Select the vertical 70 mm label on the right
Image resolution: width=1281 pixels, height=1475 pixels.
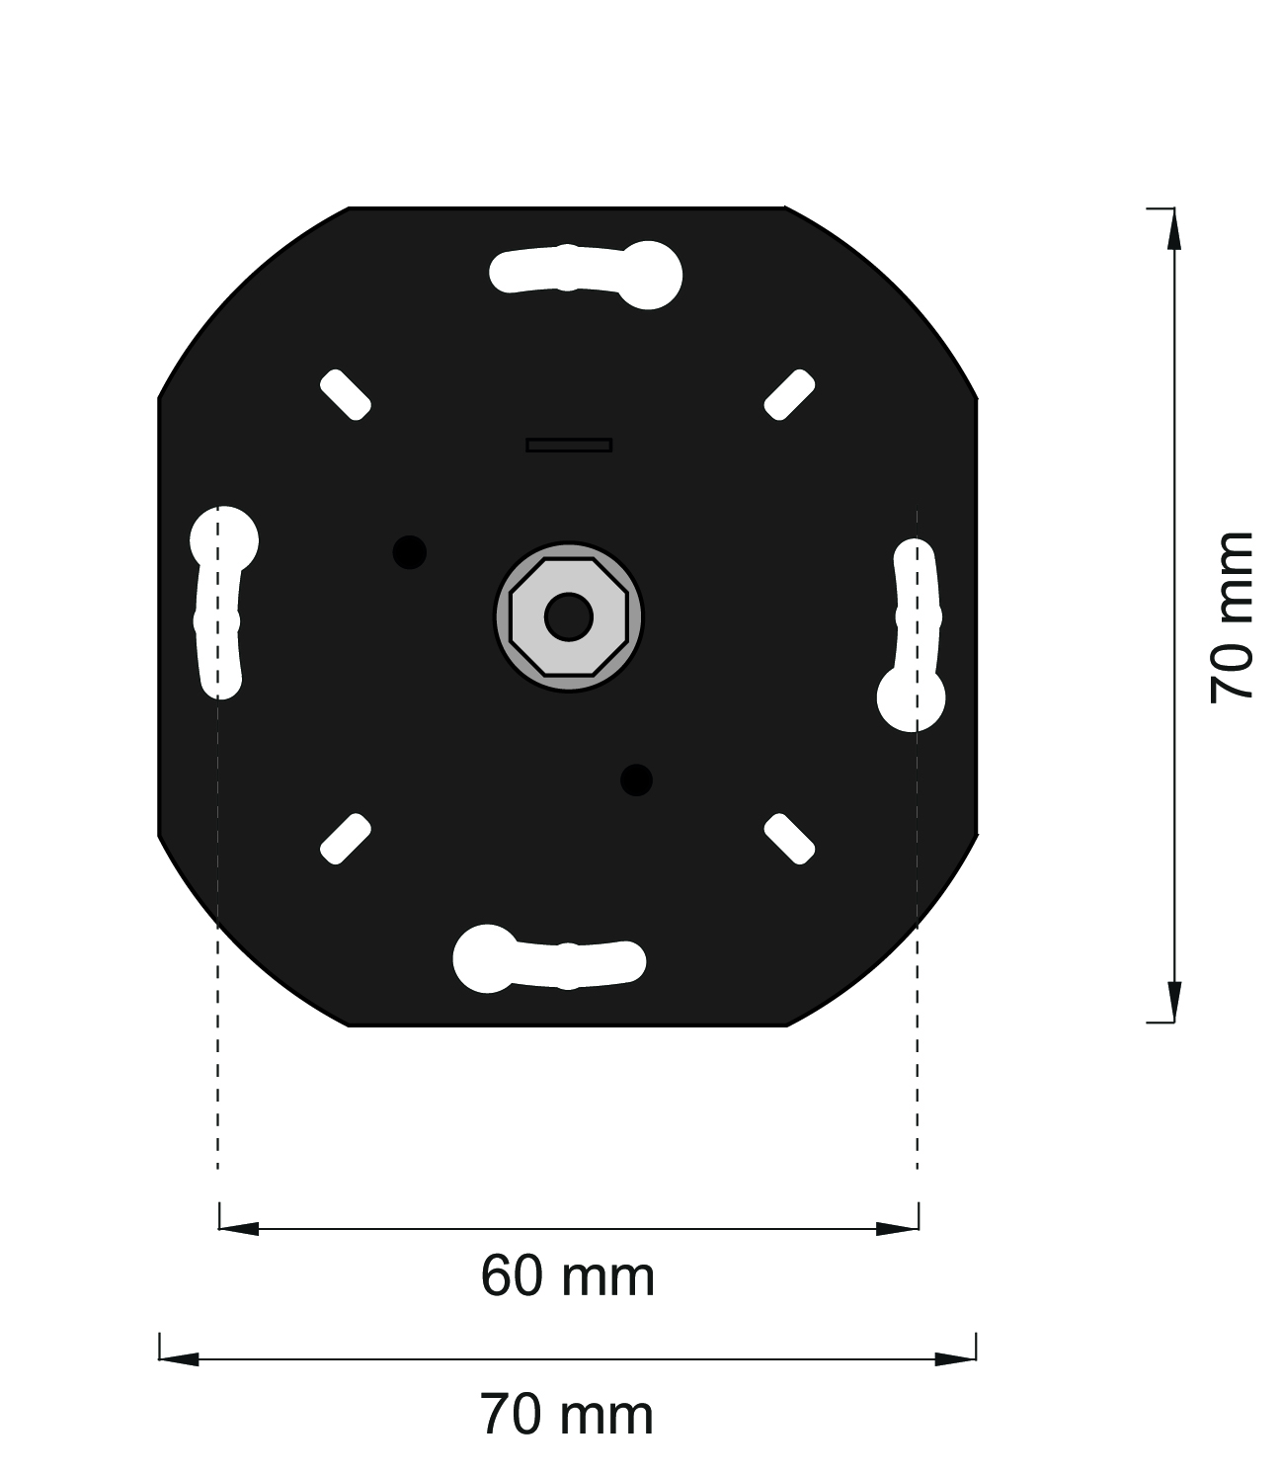click(x=1232, y=617)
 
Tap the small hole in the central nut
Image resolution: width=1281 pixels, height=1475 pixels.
click(x=569, y=617)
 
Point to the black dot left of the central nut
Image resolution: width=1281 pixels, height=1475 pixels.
click(x=409, y=552)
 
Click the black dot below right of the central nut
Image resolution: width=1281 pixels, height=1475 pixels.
click(x=636, y=780)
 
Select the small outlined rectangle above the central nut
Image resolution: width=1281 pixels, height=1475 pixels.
click(x=569, y=445)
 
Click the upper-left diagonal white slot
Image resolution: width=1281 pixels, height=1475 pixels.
click(x=346, y=394)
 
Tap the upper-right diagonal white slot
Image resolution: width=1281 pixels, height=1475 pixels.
click(x=790, y=394)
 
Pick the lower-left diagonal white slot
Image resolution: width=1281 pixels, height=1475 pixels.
click(x=346, y=839)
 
